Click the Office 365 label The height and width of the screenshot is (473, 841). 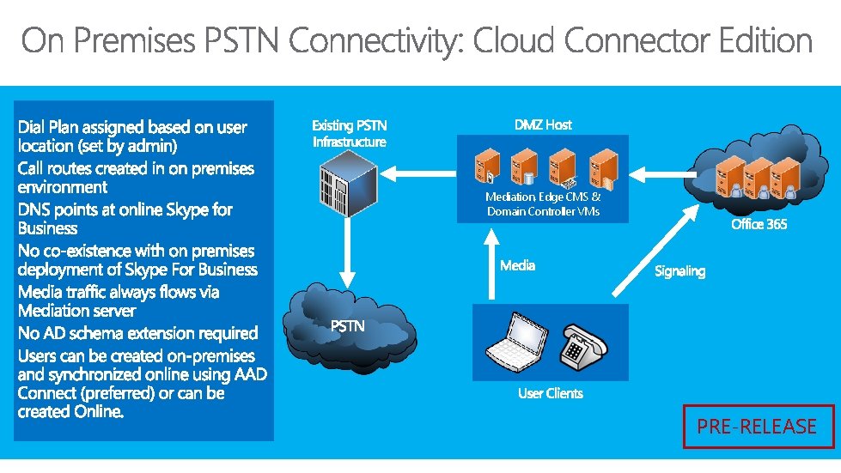coord(759,224)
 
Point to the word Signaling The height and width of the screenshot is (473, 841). coord(680,271)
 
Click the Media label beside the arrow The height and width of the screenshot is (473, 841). coord(518,266)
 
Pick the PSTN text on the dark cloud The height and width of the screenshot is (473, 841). coord(348,325)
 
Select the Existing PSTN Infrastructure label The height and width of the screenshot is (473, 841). coord(349,133)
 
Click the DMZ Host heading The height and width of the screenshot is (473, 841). coord(543,124)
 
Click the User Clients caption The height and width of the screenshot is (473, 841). coord(550,393)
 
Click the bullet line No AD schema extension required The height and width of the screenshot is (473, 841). coord(137,333)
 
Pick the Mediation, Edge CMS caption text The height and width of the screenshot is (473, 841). coord(543,204)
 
